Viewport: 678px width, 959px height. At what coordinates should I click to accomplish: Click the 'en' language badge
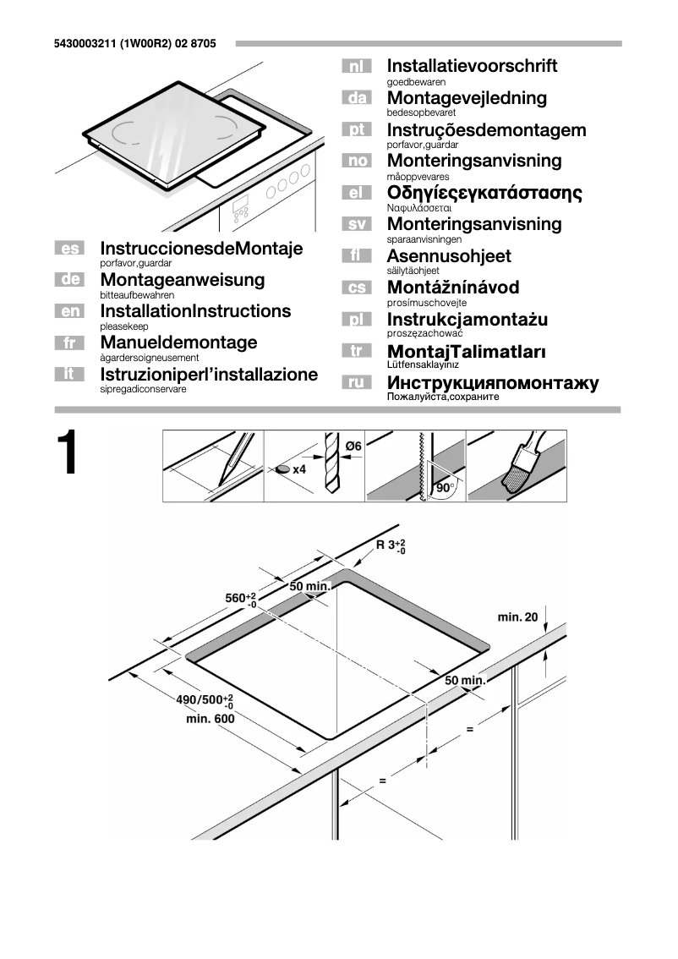[71, 312]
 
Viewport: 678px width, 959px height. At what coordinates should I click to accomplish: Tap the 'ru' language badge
[357, 383]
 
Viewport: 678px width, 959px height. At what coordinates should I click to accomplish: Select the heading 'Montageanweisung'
[182, 279]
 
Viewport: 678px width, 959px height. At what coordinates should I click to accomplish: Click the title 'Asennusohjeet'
[448, 255]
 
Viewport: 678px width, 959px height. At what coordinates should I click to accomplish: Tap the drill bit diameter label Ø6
[353, 445]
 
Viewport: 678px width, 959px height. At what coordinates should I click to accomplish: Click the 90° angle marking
[445, 488]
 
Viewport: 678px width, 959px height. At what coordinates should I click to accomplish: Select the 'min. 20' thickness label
[517, 617]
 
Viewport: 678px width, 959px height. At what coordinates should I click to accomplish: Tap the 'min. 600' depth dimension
[210, 718]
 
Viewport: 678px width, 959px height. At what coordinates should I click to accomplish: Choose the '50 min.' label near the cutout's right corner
[464, 680]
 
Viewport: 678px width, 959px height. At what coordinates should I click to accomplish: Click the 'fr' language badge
[71, 343]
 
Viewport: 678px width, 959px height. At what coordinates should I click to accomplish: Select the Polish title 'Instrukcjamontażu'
[467, 319]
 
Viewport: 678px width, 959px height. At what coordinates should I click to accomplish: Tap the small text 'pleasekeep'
[123, 326]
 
